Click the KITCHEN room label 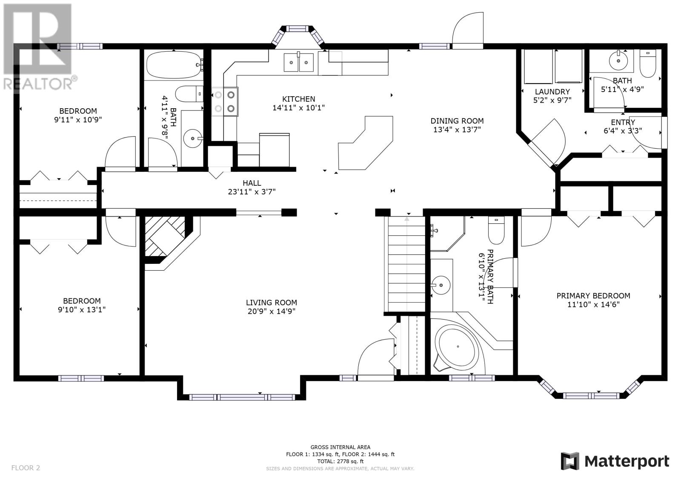coord(298,99)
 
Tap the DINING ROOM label coord(457,121)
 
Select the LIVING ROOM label coord(272,303)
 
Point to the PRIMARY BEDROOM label coord(593,296)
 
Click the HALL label coord(252,183)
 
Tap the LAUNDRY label coord(552,92)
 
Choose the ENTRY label coord(623,122)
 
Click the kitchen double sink coord(298,62)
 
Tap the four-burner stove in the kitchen coord(225,102)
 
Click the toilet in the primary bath coord(496,230)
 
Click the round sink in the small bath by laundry coord(618,61)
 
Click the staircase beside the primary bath coord(406,264)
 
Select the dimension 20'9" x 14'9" coord(272,311)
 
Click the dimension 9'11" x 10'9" coord(78,120)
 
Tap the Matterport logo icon coord(570,461)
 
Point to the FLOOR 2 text coord(26,468)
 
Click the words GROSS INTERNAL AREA coord(340,447)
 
